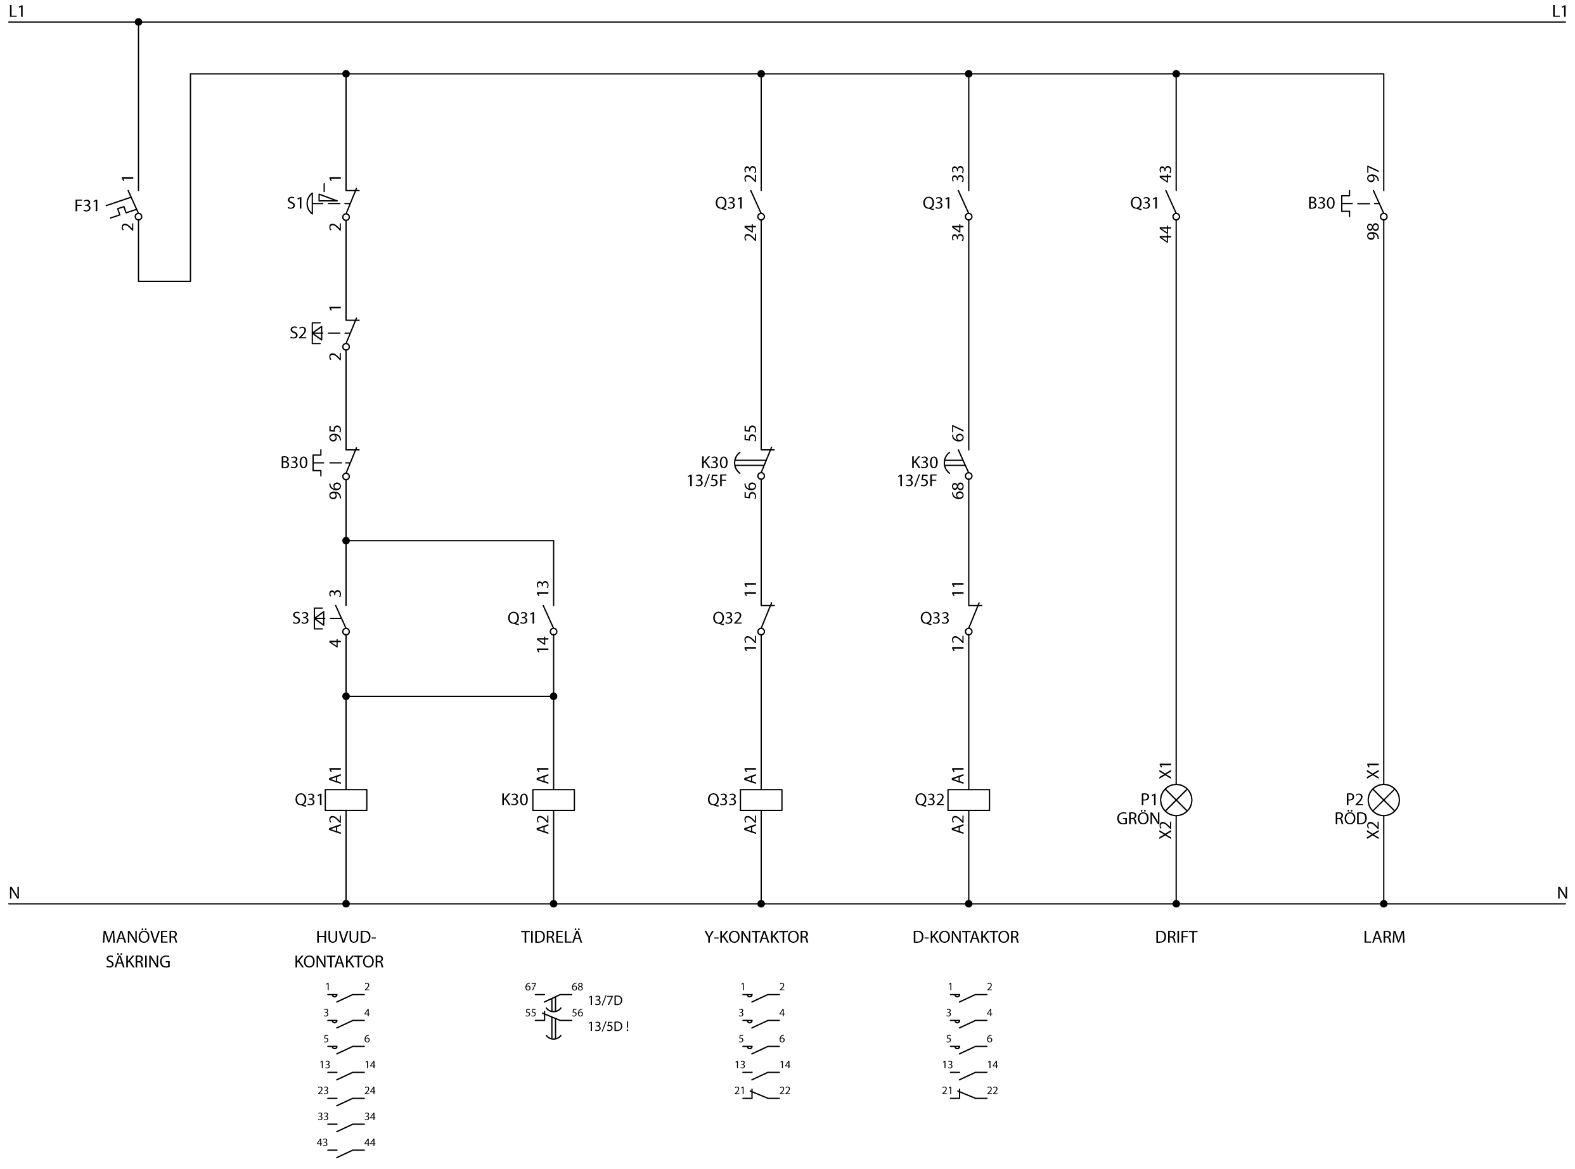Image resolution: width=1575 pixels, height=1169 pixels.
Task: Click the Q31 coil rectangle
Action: (345, 800)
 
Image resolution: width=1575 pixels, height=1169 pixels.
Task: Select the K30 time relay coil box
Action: (553, 800)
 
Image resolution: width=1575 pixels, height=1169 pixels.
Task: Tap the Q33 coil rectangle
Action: (761, 800)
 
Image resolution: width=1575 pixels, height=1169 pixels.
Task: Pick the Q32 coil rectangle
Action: (968, 800)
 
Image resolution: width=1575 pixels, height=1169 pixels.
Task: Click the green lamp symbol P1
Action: (1176, 800)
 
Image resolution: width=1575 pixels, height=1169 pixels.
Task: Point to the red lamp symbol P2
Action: (1383, 800)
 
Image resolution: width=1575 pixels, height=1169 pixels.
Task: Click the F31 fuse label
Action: (87, 206)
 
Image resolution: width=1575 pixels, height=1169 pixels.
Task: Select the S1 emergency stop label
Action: (295, 204)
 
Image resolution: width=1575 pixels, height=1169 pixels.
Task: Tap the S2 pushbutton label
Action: (298, 333)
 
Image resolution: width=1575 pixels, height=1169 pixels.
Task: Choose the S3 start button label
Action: (301, 618)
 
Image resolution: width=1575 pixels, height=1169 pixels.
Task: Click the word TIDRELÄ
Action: (551, 937)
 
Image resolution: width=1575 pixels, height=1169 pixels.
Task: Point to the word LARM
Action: (1384, 937)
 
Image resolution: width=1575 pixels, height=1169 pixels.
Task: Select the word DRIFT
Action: (1176, 937)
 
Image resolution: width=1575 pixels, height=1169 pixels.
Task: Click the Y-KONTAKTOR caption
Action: (756, 937)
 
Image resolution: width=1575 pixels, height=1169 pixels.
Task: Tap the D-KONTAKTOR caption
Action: (965, 937)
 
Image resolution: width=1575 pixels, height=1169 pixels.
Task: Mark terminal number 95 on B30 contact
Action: (335, 432)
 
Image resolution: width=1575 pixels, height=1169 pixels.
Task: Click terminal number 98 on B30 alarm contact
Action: (1373, 231)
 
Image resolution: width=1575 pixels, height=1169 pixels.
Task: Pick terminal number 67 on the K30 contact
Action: (958, 432)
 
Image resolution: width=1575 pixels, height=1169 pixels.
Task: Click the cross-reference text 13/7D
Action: (605, 1000)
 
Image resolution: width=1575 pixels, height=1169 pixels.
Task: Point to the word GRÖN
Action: (1138, 819)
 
